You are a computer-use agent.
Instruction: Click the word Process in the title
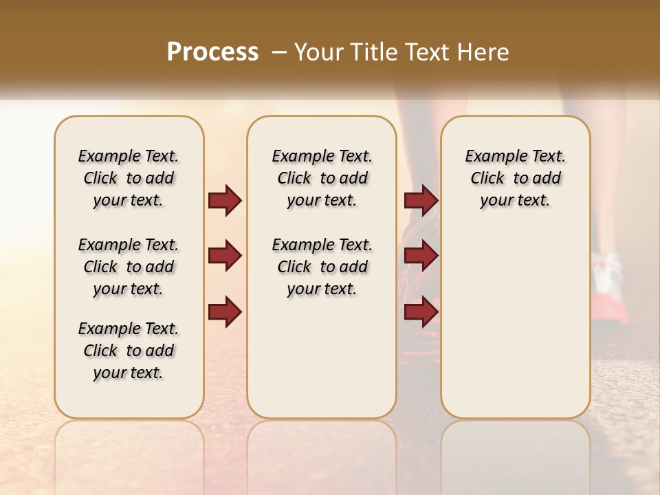(212, 52)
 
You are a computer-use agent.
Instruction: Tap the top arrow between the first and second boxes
(225, 201)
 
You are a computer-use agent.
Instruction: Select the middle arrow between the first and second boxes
(225, 256)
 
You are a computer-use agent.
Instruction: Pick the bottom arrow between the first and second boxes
(225, 311)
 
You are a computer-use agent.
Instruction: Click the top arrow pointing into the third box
(421, 201)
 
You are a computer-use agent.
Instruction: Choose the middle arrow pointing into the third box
(421, 256)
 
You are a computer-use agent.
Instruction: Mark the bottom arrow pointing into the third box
(421, 311)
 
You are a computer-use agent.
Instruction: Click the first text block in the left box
(129, 178)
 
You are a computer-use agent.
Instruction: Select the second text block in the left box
(129, 267)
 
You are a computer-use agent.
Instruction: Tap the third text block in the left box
(129, 351)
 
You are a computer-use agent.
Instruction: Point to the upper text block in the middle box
(322, 178)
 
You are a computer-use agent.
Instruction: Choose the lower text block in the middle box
(322, 267)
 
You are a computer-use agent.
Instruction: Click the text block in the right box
(516, 178)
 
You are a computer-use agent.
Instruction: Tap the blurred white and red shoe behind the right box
(610, 289)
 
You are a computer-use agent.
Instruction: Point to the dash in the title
(279, 52)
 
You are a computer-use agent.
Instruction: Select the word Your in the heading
(318, 52)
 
